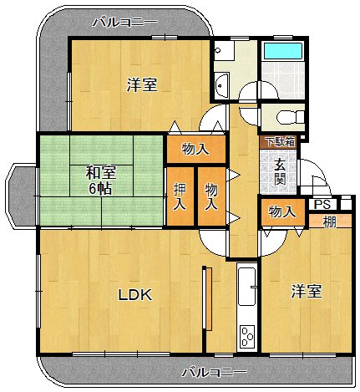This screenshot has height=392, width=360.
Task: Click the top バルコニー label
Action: [124, 21]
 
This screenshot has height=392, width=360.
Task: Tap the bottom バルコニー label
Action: [214, 371]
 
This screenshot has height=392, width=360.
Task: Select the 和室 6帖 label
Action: [100, 181]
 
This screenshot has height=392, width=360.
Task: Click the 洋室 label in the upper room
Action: [142, 84]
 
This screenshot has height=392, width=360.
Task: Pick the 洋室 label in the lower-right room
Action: [307, 291]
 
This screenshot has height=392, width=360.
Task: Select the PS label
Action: [322, 204]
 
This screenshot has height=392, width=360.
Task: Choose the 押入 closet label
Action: [180, 197]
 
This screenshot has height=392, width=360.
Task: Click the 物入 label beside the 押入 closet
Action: [211, 197]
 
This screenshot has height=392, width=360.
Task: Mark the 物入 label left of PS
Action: [281, 212]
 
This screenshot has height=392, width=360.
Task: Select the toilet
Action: [284, 115]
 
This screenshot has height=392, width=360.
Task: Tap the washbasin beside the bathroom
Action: [222, 84]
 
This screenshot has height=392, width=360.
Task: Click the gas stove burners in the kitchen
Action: [247, 336]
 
